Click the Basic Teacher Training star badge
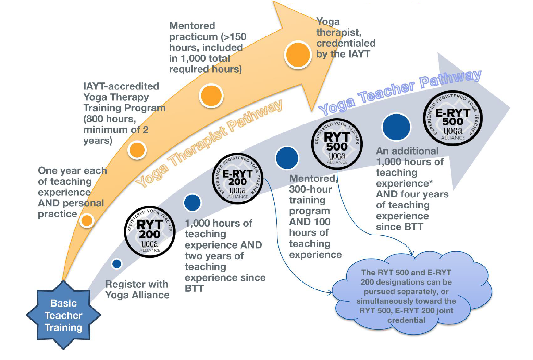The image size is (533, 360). (63, 315)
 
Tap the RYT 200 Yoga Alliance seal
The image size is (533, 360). (150, 232)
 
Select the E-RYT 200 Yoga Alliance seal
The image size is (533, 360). (237, 179)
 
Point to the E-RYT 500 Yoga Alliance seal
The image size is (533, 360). (453, 118)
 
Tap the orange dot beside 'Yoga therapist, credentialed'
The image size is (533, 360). (298, 55)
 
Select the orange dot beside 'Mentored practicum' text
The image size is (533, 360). (211, 96)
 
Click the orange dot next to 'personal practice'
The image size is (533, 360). (87, 220)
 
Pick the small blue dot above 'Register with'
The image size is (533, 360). (117, 264)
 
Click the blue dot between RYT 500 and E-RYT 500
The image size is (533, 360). (396, 127)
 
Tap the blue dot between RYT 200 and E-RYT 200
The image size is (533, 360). (192, 203)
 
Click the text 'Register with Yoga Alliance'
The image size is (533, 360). (137, 290)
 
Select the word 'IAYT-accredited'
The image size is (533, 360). (121, 86)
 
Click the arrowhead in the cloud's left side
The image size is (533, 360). (330, 292)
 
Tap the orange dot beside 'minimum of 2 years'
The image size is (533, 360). (137, 150)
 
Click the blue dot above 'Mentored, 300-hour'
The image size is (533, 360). (287, 158)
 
